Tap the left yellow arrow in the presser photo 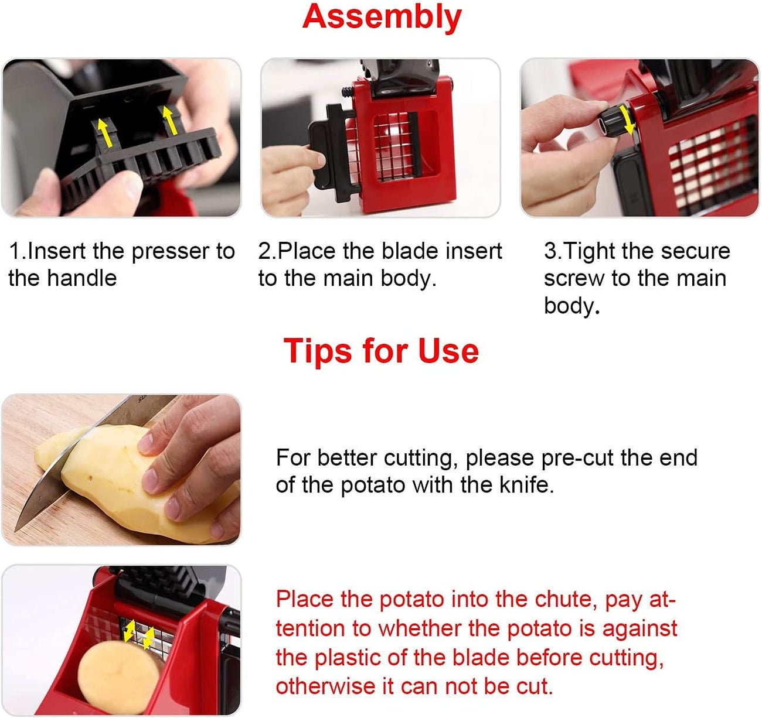(x=104, y=131)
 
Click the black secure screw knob (x=613, y=121)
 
